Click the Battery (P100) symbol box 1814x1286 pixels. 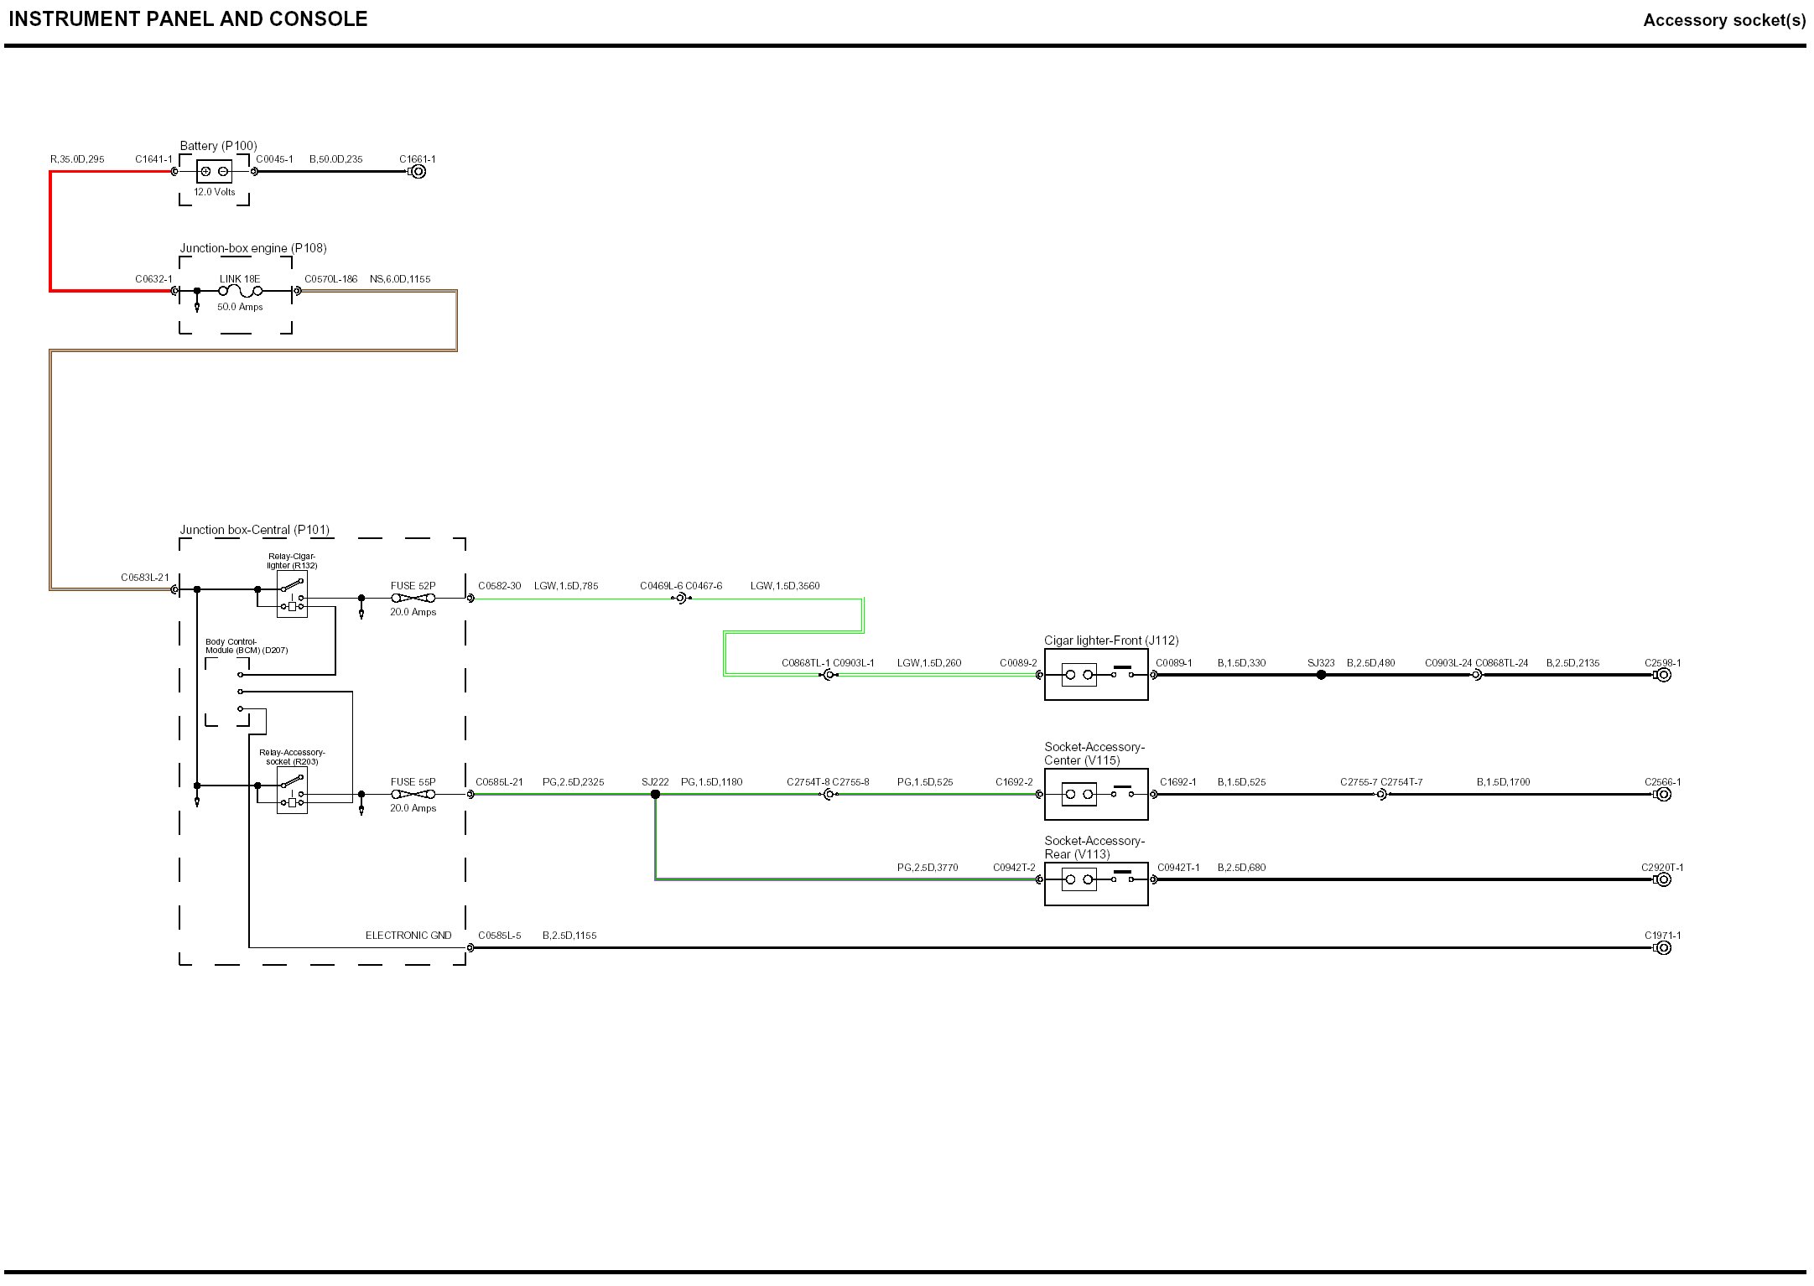214,172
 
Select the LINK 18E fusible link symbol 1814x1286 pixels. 241,291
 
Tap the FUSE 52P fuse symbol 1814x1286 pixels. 413,598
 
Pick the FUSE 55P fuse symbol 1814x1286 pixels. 413,794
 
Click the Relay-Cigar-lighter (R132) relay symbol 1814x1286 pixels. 292,594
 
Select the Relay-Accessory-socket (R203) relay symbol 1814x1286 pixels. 292,791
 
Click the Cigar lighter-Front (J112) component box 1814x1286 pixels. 1095,674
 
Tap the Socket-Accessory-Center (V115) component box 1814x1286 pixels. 1095,794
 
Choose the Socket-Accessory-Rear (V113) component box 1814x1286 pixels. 1095,879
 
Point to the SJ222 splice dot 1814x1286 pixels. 655,794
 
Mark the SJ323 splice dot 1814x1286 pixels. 1321,675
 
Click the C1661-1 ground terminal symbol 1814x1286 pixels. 418,172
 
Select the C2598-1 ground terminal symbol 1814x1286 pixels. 1663,675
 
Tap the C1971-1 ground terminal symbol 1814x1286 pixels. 1663,948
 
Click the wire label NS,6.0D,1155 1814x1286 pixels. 400,279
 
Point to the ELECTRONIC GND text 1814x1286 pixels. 408,936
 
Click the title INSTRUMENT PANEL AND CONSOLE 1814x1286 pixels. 188,19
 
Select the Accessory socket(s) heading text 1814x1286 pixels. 1724,20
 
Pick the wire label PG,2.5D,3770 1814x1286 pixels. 927,868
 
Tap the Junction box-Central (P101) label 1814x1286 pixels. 254,530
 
